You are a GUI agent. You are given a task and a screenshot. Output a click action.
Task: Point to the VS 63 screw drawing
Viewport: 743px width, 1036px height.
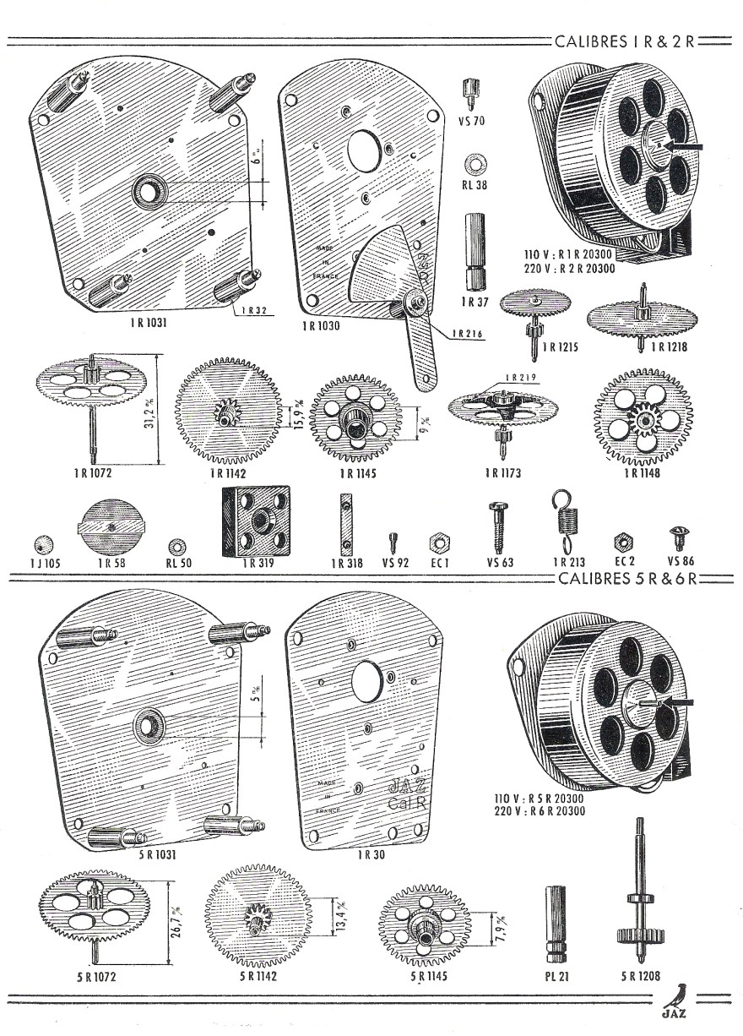point(496,525)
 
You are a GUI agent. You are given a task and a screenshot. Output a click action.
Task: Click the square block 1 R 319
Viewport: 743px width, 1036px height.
point(256,521)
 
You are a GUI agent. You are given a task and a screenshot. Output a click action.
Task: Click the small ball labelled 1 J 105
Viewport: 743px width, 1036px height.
point(40,542)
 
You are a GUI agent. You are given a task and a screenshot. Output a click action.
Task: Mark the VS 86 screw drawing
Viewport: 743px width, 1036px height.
point(675,537)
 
